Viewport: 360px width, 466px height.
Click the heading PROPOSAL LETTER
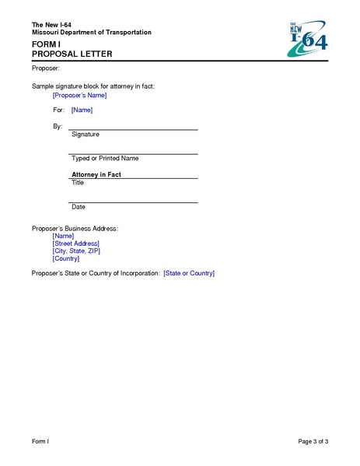[x=72, y=54]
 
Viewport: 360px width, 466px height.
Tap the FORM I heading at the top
[x=46, y=45]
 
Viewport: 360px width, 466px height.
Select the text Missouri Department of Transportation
[x=91, y=32]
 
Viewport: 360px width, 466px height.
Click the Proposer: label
[x=45, y=69]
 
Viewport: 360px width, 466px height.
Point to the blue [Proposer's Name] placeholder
[x=79, y=96]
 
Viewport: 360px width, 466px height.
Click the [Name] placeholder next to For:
[x=82, y=110]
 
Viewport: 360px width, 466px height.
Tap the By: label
[x=58, y=126]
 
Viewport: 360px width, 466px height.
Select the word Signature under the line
[x=86, y=135]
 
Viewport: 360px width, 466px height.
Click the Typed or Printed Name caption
[x=105, y=159]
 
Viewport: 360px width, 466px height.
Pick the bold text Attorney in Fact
[x=96, y=175]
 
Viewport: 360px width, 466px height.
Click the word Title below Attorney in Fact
[x=78, y=183]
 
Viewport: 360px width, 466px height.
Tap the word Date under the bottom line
[x=79, y=207]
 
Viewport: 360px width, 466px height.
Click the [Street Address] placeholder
[x=75, y=244]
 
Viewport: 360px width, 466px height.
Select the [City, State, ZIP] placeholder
[x=76, y=251]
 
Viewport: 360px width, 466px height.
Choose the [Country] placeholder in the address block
[x=66, y=259]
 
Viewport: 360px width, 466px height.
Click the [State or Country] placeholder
[x=188, y=274]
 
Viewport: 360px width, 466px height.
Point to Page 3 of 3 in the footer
[x=313, y=442]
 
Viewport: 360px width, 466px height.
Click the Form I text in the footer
[x=40, y=442]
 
